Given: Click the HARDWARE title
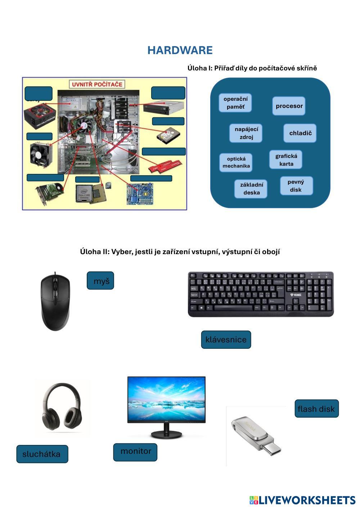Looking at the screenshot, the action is click(180, 50).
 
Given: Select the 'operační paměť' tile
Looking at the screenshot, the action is click(235, 103).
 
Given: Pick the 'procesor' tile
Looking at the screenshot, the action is click(289, 106).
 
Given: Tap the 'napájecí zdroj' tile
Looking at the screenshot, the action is click(246, 133).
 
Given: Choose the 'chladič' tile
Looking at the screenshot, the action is click(300, 133).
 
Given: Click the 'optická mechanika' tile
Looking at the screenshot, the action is click(236, 162).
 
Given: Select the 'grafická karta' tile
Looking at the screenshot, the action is click(286, 160).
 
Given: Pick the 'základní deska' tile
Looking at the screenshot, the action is click(251, 189).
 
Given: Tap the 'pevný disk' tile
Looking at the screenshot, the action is click(296, 186).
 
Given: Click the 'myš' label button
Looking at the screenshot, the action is click(100, 281).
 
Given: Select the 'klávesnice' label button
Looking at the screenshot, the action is click(226, 339).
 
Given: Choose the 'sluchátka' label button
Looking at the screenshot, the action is click(42, 454).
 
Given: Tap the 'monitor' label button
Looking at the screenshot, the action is click(135, 452).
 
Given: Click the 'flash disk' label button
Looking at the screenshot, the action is click(316, 409).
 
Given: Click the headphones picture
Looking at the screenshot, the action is click(63, 407).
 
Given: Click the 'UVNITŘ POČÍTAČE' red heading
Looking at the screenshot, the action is click(97, 85).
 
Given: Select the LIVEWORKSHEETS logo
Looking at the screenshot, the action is click(302, 500).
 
